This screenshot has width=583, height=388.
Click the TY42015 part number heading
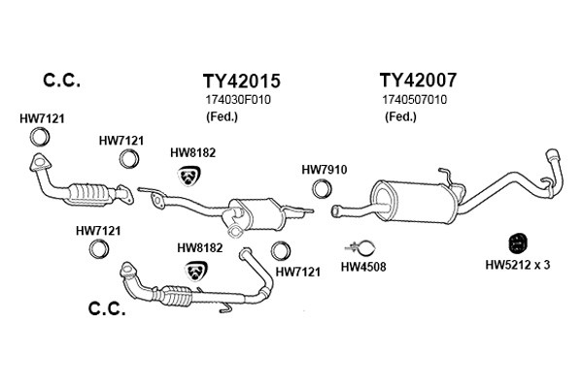point(241,81)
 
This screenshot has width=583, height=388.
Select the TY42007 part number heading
point(418,80)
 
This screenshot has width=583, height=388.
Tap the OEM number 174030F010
point(238,100)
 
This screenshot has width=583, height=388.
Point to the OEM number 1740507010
point(415,100)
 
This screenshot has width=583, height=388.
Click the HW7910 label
point(325,170)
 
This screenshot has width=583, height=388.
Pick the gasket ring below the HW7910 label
point(322,188)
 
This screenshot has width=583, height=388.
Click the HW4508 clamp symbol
point(360,248)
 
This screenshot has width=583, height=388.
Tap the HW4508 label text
point(363,266)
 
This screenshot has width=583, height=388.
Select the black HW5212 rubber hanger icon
point(518,243)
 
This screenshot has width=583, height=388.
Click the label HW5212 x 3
point(518,265)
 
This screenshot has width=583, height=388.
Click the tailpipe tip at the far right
point(552,154)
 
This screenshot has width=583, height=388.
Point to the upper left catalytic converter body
point(89,194)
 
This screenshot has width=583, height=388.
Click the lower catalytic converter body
point(176,296)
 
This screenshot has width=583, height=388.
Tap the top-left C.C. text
point(61,81)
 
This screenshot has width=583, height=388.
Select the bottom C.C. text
point(107,308)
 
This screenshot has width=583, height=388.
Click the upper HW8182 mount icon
point(189,176)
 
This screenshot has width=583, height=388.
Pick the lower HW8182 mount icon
point(196,271)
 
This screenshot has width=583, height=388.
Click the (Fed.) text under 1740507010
point(400,117)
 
